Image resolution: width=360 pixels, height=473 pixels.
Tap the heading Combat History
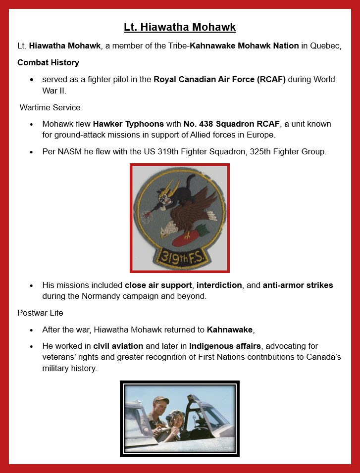(x=48, y=62)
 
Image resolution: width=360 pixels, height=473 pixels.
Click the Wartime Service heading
(x=50, y=107)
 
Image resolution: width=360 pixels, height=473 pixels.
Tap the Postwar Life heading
(x=40, y=313)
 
